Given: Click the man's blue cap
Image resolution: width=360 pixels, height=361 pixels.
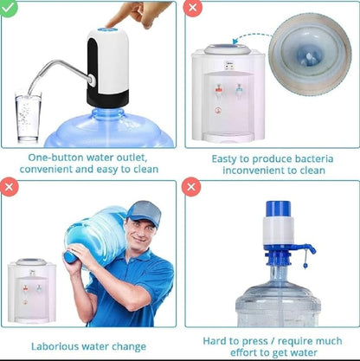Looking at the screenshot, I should pos(143,211).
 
